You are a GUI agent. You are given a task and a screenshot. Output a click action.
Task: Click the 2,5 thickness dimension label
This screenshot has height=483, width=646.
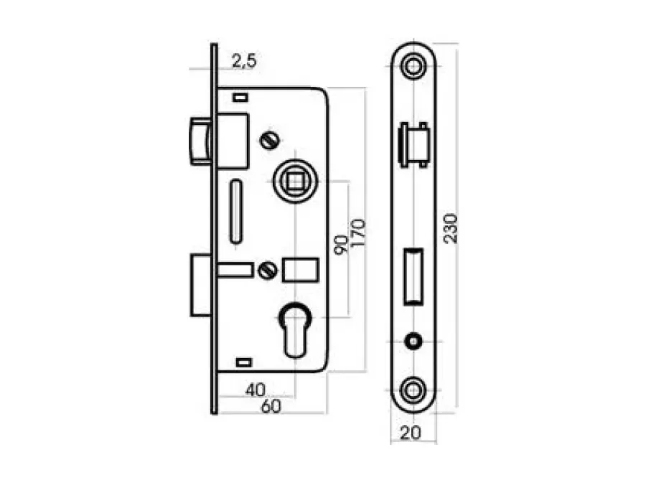[244, 61]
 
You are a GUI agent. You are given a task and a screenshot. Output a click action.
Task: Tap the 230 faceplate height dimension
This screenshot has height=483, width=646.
[451, 228]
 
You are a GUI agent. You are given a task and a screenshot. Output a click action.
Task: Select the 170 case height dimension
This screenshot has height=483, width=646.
[359, 233]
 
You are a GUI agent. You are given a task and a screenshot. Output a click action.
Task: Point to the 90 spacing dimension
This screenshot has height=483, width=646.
[341, 245]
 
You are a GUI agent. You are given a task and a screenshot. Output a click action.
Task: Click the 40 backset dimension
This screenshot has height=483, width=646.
[256, 390]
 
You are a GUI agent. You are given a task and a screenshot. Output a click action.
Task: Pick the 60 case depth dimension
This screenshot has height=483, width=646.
[271, 406]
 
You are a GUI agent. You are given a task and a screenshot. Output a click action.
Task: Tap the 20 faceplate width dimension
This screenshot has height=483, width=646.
[411, 432]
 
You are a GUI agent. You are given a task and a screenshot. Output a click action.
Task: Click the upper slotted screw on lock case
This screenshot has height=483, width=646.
[271, 141]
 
